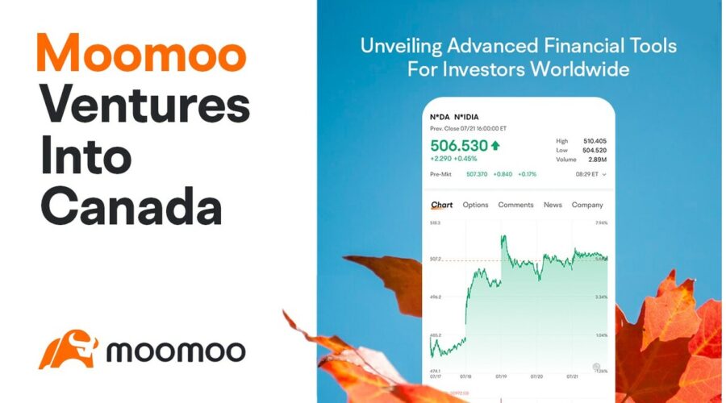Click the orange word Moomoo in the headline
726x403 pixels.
click(x=140, y=54)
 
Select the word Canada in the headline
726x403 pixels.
click(x=131, y=208)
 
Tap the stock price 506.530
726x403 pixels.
click(x=459, y=146)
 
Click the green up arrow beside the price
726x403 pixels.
click(x=494, y=146)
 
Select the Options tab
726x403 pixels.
click(x=475, y=205)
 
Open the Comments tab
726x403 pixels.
click(x=515, y=205)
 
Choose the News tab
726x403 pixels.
click(x=553, y=205)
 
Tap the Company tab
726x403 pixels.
click(x=587, y=205)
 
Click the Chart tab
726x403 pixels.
click(x=441, y=205)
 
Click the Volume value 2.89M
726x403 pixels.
click(x=596, y=160)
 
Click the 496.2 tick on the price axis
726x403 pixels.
click(x=435, y=297)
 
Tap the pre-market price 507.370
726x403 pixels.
click(x=477, y=174)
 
